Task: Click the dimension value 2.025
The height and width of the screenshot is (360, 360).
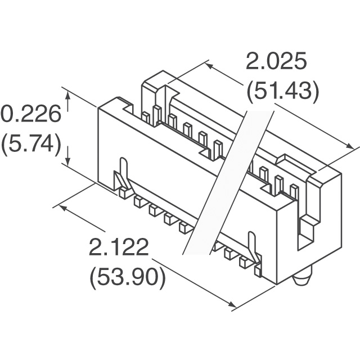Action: [276, 61]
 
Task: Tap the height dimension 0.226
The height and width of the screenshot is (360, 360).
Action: [31, 114]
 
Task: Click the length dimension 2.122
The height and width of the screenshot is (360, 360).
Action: [119, 247]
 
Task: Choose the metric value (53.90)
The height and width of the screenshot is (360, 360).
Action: [128, 278]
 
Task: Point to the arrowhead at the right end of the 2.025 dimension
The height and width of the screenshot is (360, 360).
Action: [349, 146]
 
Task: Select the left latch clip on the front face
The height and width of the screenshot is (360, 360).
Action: [123, 174]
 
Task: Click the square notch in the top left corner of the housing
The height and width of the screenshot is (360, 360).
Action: [129, 109]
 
